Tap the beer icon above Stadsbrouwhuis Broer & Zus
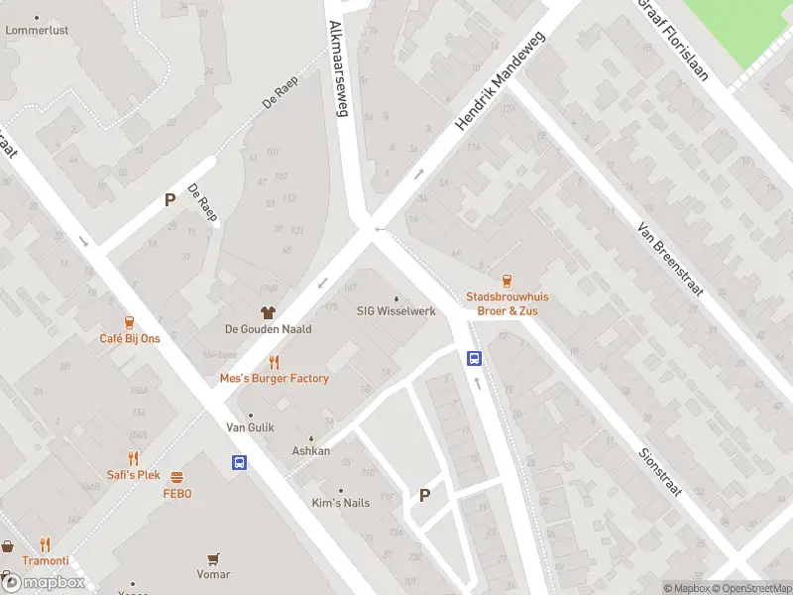point(507,281)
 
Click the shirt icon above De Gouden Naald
point(268,312)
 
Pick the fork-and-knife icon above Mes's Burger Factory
point(274,362)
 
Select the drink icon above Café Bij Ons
point(129,322)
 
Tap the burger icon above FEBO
point(176,477)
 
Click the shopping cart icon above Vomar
point(212,558)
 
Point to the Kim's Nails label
point(341,503)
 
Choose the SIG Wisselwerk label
point(396,310)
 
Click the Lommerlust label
point(37,30)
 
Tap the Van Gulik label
point(250,427)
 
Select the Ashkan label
point(310,450)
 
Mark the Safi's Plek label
point(134,474)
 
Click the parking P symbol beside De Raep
point(170,199)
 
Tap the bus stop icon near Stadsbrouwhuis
point(475,359)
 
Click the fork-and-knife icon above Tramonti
point(45,544)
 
